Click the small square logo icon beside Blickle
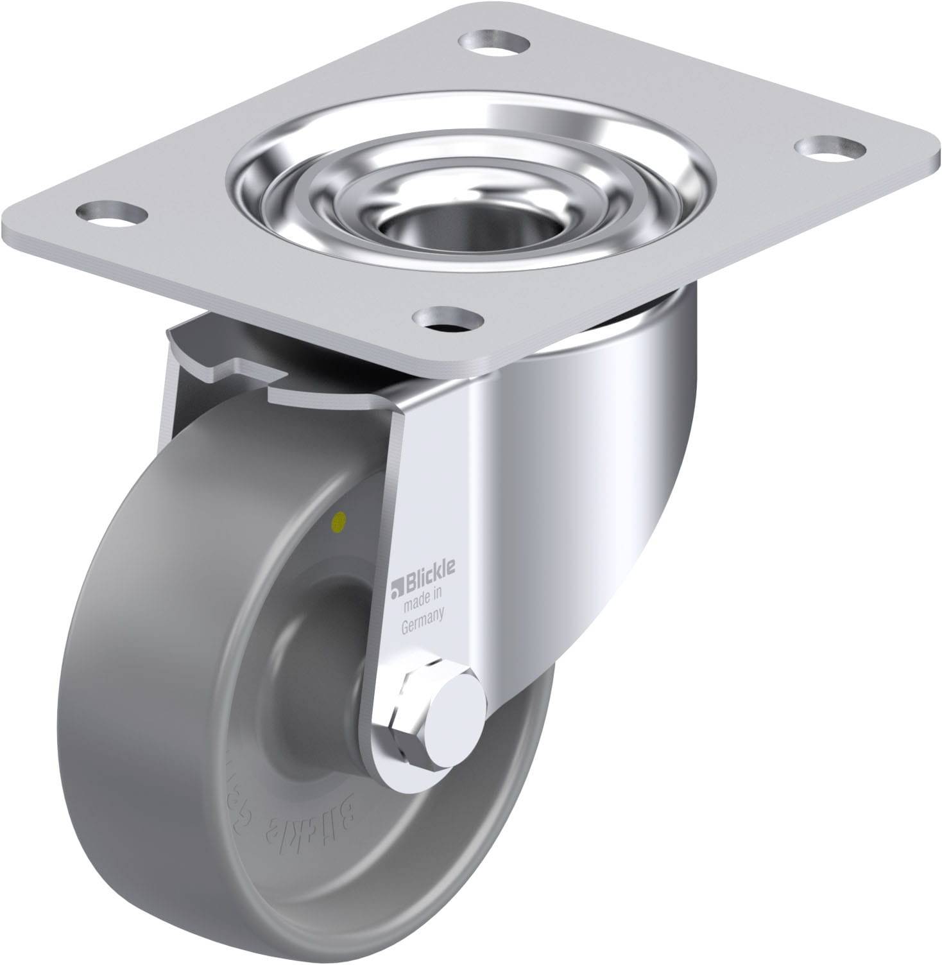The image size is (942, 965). [396, 582]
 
